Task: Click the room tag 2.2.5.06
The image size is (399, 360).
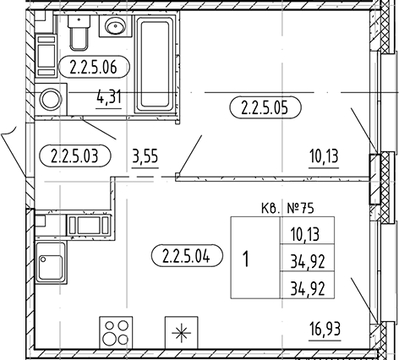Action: (x=93, y=67)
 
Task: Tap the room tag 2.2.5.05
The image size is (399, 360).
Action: (x=265, y=107)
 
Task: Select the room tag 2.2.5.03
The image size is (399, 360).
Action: (x=75, y=155)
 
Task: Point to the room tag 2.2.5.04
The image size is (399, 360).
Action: (x=187, y=255)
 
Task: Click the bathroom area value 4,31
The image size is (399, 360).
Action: (x=109, y=97)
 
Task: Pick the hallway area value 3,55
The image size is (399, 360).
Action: (x=145, y=157)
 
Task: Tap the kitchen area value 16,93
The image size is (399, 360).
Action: (x=325, y=329)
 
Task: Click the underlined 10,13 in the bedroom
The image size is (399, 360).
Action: (x=324, y=156)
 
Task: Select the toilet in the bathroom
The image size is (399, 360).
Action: (x=79, y=32)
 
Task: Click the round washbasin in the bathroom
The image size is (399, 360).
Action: (x=115, y=26)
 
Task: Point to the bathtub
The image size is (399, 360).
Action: (x=156, y=64)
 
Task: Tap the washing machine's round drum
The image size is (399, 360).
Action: (x=51, y=99)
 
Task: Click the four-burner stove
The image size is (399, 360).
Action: (x=116, y=333)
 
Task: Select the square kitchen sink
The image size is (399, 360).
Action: (x=51, y=267)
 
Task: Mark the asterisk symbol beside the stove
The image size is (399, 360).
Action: (x=181, y=333)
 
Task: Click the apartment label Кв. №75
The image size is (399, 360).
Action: (x=287, y=209)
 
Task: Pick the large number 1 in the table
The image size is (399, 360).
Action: (x=246, y=259)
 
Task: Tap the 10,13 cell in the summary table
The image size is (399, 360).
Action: (x=306, y=235)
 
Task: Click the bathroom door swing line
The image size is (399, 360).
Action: (x=99, y=128)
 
